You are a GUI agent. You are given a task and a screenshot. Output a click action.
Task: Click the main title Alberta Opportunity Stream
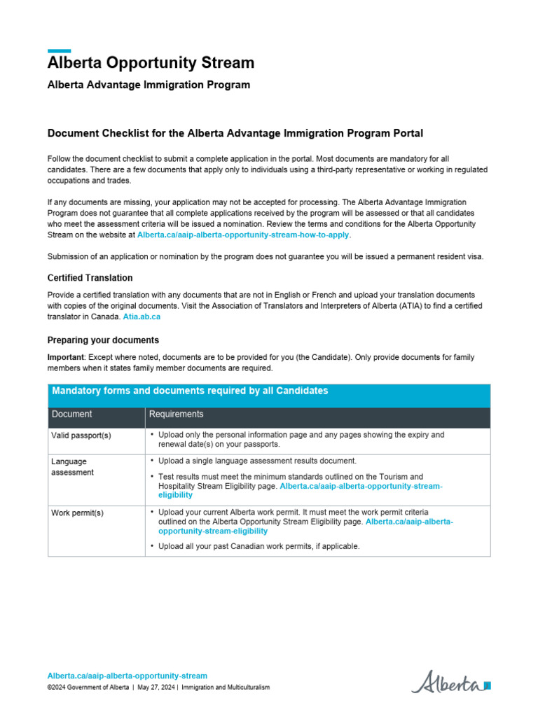151,63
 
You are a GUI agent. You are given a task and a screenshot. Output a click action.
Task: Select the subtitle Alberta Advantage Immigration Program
149,85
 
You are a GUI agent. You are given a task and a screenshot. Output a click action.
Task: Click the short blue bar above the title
59,50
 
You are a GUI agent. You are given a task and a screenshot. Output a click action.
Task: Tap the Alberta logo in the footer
450,681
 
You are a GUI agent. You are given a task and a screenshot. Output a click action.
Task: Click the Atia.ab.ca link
142,316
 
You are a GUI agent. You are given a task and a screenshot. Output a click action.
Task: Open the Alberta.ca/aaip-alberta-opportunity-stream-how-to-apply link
243,235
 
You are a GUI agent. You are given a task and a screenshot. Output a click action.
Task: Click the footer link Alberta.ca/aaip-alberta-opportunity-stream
127,676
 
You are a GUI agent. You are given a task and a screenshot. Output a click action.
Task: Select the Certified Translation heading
90,278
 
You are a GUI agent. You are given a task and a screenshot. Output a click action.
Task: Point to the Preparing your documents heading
103,340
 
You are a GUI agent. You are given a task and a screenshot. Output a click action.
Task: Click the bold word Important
65,357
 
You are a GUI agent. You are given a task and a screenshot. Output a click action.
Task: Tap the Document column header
71,414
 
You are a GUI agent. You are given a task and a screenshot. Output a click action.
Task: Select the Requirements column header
177,414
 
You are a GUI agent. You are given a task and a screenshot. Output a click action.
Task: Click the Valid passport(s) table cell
81,435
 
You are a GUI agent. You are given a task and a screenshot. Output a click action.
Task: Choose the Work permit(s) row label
77,513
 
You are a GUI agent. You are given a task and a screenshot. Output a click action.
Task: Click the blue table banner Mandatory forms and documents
190,391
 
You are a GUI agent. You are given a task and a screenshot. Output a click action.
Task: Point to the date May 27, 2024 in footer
153,688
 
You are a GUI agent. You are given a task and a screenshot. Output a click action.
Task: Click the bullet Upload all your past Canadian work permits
258,545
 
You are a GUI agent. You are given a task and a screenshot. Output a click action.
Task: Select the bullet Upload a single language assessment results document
257,461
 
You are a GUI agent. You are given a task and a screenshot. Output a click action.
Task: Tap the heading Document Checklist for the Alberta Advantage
235,133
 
